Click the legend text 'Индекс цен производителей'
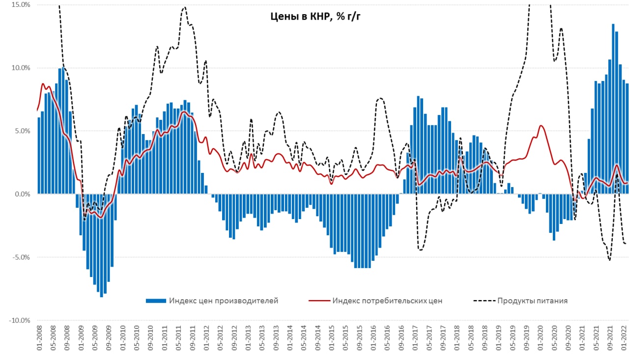point(223,301)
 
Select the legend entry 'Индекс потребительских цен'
point(387,301)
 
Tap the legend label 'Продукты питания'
point(532,301)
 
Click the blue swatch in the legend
point(156,301)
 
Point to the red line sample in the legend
point(318,301)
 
